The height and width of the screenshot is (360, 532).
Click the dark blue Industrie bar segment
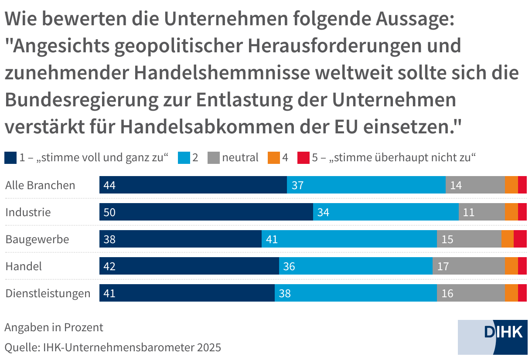pyautogui.click(x=206, y=212)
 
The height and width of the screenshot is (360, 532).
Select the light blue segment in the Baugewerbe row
pyautogui.click(x=349, y=239)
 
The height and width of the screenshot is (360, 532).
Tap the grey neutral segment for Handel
pyautogui.click(x=468, y=266)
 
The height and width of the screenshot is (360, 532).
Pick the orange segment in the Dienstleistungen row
pyautogui.click(x=511, y=293)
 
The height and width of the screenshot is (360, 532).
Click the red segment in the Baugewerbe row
pyautogui.click(x=520, y=239)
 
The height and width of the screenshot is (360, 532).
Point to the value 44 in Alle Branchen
pyautogui.click(x=109, y=185)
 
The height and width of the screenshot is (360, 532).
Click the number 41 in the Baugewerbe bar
pyautogui.click(x=272, y=239)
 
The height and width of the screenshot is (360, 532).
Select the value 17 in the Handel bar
pyautogui.click(x=443, y=266)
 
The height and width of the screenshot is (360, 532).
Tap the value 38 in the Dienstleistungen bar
pyautogui.click(x=285, y=293)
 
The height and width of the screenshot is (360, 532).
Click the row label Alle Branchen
pyautogui.click(x=40, y=185)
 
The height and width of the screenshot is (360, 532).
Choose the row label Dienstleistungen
pyautogui.click(x=48, y=293)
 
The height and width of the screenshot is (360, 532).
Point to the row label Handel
pyautogui.click(x=24, y=266)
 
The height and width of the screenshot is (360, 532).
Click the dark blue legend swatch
pyautogui.click(x=10, y=157)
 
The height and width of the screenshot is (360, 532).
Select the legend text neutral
pyautogui.click(x=240, y=157)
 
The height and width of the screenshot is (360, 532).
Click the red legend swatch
pyautogui.click(x=303, y=157)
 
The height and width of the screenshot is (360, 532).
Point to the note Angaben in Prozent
pyautogui.click(x=54, y=327)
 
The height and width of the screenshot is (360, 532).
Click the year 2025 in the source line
pyautogui.click(x=209, y=347)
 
